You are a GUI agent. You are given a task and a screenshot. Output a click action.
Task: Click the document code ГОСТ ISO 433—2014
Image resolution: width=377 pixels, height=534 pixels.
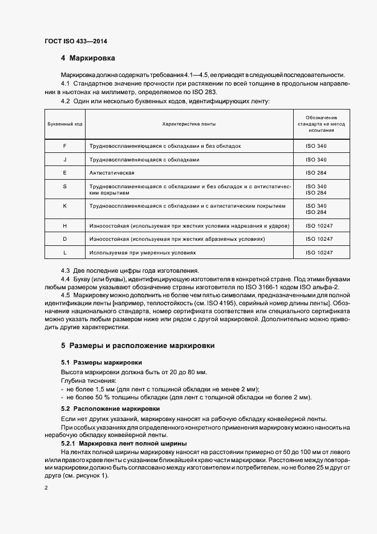click(x=76, y=41)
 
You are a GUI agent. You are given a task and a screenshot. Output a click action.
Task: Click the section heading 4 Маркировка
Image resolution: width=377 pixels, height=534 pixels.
click(x=88, y=58)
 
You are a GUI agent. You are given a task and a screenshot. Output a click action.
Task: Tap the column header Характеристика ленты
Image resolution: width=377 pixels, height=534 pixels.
click(x=189, y=123)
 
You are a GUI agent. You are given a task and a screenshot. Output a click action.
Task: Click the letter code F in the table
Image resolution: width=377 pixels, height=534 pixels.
click(x=64, y=146)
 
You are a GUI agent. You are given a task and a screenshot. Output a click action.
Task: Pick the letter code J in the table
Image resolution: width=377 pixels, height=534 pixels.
click(x=64, y=159)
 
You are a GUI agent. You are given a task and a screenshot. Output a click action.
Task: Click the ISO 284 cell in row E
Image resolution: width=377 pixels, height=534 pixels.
click(x=316, y=172)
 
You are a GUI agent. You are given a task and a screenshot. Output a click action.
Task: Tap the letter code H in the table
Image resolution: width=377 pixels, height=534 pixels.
click(x=64, y=226)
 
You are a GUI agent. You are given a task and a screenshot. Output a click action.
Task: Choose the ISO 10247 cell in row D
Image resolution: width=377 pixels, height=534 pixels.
click(x=319, y=238)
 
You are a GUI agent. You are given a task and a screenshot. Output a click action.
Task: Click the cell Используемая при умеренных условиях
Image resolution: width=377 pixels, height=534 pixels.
click(x=142, y=252)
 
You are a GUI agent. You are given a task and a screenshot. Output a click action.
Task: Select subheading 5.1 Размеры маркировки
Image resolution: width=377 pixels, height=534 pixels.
click(x=102, y=362)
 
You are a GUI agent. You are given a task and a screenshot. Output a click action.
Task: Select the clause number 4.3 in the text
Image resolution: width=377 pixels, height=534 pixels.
click(x=65, y=270)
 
